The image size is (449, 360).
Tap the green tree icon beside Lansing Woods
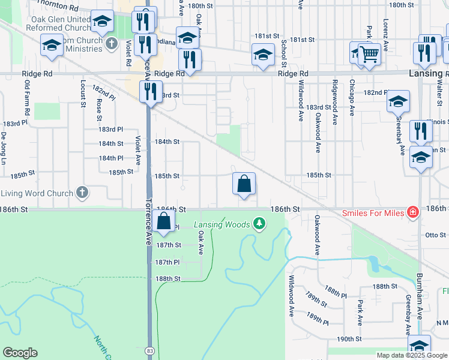point(259,224)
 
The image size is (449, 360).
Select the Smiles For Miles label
point(373,212)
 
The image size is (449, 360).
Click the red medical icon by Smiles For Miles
point(412,212)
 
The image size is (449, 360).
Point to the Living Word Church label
point(37,193)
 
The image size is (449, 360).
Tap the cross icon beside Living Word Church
point(83,193)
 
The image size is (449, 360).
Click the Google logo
point(20,353)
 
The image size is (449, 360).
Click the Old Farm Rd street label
point(26,100)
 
